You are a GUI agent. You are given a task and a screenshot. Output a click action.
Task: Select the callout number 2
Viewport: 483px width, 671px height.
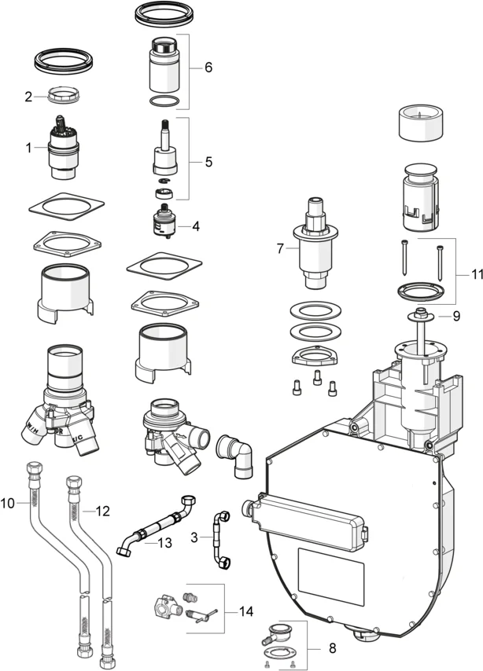point(28,97)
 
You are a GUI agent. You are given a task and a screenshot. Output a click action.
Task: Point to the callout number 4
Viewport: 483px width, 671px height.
point(195,225)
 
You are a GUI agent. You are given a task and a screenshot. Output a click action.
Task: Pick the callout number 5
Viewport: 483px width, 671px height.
point(208,163)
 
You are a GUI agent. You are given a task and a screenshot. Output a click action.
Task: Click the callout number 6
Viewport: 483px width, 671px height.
point(208,68)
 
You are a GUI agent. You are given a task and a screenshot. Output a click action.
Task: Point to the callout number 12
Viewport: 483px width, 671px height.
point(101,511)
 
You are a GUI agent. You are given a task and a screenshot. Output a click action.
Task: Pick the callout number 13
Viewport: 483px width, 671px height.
point(164,541)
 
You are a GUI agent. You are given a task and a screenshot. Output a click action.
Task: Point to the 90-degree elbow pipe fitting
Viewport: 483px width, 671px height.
point(237,454)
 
